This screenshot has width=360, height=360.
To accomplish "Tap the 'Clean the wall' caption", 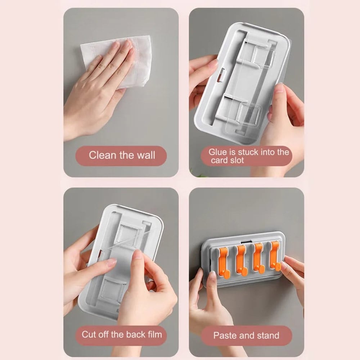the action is tap(122, 155).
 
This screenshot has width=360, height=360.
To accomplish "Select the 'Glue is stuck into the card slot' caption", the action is tap(248, 156).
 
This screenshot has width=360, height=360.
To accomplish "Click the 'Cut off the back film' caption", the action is tap(122, 334).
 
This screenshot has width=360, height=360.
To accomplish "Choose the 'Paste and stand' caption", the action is tap(246, 336).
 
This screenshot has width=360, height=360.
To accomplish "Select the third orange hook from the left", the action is tap(258, 258).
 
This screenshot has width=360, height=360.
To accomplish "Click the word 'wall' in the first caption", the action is tap(146, 155).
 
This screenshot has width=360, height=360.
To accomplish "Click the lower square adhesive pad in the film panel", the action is tap(113, 289).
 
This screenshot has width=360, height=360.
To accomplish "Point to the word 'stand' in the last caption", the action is tap(268, 336).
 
